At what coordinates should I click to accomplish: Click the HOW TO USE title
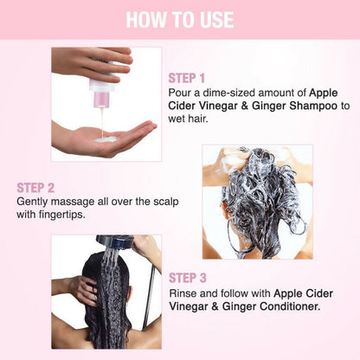click(x=180, y=20)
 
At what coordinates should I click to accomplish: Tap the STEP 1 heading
click(x=187, y=78)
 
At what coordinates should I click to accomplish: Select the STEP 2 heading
click(x=35, y=188)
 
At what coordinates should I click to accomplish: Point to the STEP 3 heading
click(x=188, y=278)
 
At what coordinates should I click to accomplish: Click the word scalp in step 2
click(x=166, y=202)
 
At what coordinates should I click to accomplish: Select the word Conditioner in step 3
click(x=290, y=306)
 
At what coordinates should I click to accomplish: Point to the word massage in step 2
click(x=73, y=202)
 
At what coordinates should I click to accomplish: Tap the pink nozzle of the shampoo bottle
click(x=101, y=99)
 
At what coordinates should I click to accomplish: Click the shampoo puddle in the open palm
click(x=106, y=139)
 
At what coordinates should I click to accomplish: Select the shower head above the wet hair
click(x=114, y=241)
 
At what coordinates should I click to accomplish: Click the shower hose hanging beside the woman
click(x=149, y=297)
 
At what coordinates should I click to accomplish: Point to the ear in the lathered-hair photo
click(x=224, y=209)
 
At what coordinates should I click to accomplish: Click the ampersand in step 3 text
click(x=215, y=306)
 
